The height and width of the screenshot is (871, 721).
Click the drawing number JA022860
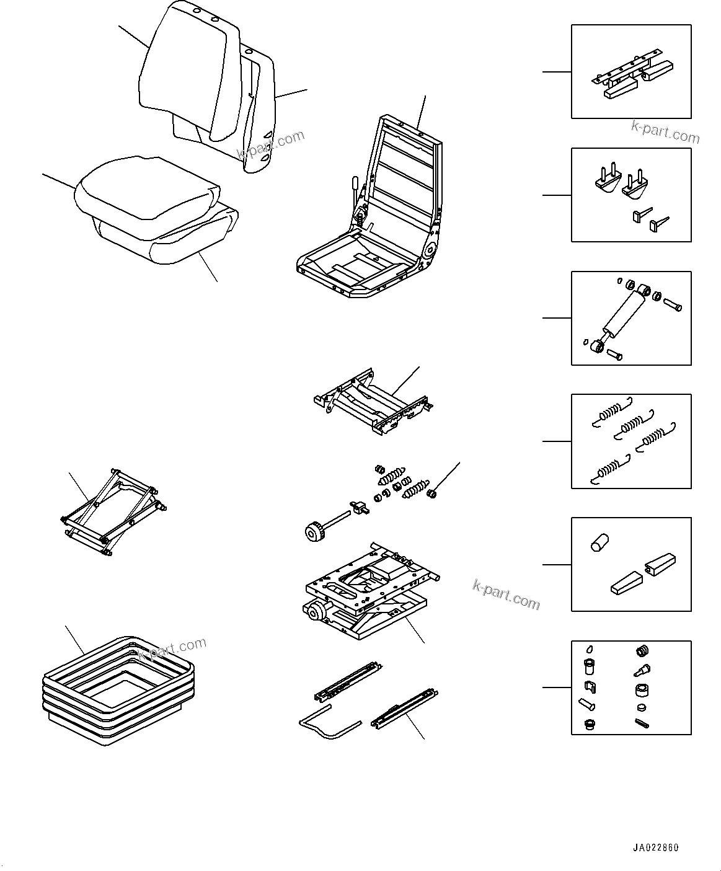click(656, 847)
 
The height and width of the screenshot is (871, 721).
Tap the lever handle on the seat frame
click(355, 184)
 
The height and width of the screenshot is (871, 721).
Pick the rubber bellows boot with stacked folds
click(118, 688)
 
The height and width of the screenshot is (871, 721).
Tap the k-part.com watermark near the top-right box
click(665, 131)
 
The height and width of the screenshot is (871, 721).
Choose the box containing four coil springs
click(630, 441)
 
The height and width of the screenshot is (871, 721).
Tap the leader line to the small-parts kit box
click(557, 688)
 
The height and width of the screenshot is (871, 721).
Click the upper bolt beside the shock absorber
click(673, 304)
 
